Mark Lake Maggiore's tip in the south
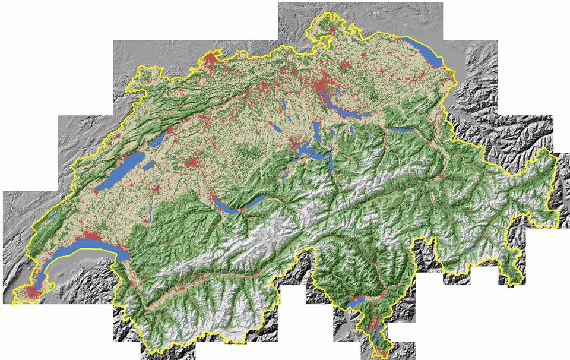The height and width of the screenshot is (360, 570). tap(354, 304)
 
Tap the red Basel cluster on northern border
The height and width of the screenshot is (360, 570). tap(211, 59)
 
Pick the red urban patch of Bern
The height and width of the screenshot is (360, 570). tap(191, 163)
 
